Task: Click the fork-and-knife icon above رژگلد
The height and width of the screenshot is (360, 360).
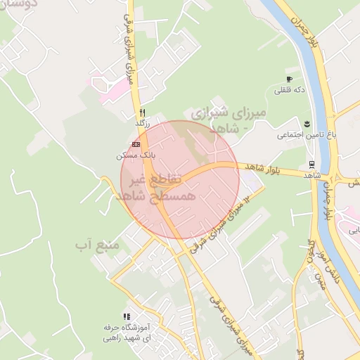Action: (x=142, y=112)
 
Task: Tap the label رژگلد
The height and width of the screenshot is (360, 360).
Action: (x=143, y=123)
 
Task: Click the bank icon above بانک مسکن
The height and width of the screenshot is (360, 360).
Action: (x=136, y=143)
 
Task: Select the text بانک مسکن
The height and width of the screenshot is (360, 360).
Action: (x=134, y=154)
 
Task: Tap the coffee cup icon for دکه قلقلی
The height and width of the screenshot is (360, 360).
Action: (x=288, y=79)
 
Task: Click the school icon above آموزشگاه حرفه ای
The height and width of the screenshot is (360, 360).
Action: (x=127, y=317)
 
